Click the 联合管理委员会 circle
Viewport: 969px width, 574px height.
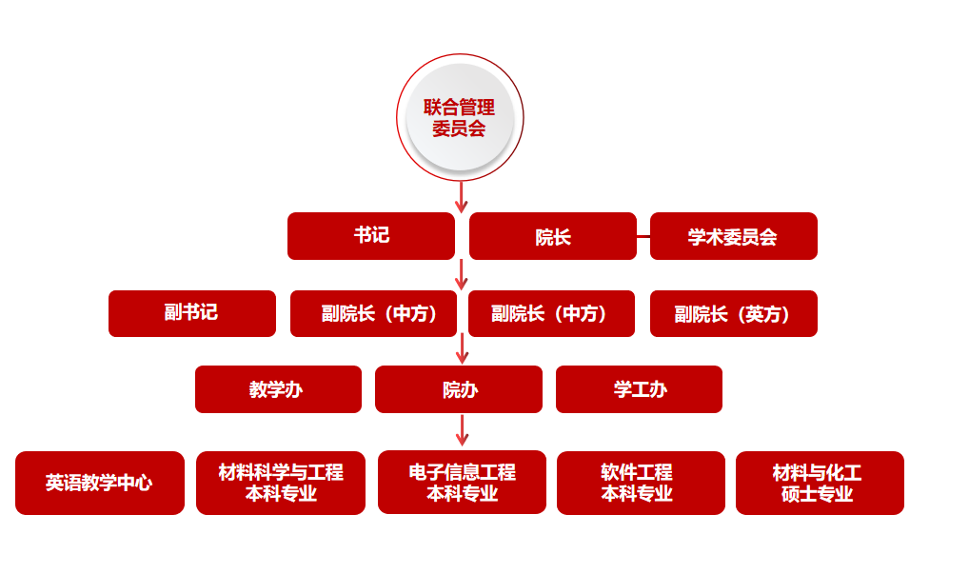pos(460,117)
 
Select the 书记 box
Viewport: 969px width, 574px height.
pos(371,236)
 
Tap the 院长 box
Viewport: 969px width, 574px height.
pos(552,236)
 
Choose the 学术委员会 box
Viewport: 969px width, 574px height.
pos(733,236)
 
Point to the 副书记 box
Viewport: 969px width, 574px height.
pos(191,313)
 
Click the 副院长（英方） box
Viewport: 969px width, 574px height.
pos(733,313)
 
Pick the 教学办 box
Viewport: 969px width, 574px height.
pos(278,389)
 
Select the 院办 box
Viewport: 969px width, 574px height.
pos(459,389)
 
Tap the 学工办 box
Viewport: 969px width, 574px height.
pos(639,389)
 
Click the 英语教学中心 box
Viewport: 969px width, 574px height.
pos(99,483)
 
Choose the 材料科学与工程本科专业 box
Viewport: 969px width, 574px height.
pos(280,483)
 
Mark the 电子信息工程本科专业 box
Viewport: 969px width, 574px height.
pos(462,483)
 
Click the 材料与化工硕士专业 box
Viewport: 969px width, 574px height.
pos(819,483)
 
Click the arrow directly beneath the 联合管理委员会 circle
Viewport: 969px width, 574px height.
pos(462,196)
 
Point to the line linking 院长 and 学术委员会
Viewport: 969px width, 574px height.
pos(643,236)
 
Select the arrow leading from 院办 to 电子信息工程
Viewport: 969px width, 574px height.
pos(462,430)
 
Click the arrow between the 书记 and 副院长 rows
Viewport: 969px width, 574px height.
pos(462,274)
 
